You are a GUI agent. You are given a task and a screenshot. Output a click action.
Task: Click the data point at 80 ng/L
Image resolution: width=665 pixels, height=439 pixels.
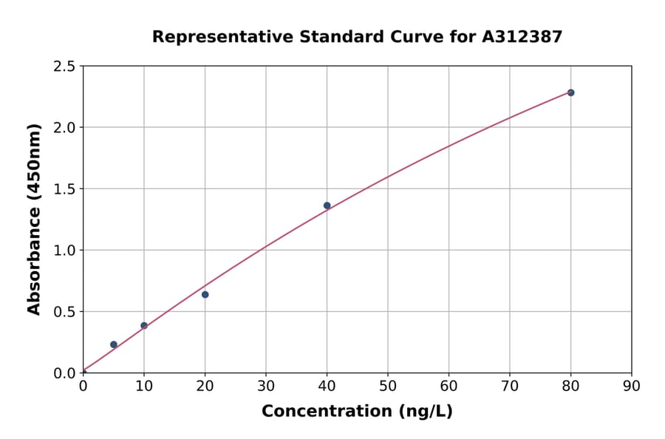tap(570, 92)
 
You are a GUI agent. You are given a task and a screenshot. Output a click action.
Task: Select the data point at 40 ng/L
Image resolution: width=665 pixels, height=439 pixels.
tap(327, 205)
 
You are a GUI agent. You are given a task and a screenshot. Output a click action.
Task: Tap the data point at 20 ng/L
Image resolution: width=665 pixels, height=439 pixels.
tap(205, 294)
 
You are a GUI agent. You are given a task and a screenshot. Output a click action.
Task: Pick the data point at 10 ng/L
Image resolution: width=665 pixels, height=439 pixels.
tap(144, 325)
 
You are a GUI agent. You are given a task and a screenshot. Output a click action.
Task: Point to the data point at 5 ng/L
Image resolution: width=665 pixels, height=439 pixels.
tap(114, 344)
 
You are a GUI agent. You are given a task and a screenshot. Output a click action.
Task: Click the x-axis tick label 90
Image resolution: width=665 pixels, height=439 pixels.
tap(632, 385)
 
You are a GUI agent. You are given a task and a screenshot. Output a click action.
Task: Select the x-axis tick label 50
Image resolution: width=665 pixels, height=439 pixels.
tap(388, 385)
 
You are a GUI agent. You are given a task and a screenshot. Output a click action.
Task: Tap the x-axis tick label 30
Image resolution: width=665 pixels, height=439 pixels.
tap(266, 385)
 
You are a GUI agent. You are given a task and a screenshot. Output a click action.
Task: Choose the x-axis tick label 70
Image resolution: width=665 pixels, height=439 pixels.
tap(510, 385)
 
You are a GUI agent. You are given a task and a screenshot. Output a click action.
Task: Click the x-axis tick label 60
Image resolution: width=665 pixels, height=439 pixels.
tap(449, 385)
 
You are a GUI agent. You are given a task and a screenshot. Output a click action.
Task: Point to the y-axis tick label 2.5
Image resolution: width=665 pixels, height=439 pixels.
tap(65, 67)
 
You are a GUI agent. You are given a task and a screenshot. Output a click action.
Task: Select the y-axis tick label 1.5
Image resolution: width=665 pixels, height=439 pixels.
tap(65, 189)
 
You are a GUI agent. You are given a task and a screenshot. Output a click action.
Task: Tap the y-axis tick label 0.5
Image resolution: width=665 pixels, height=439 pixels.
tap(65, 312)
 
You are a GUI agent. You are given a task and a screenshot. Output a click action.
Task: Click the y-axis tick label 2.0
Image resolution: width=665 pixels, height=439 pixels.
tap(65, 128)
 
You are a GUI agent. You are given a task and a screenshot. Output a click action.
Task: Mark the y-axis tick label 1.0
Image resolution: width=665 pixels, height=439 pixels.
tap(65, 251)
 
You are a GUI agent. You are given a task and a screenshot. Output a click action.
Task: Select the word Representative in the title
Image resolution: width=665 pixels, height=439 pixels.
tap(212, 36)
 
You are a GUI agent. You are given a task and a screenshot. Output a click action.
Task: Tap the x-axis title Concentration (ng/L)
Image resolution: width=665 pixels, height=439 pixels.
tap(357, 411)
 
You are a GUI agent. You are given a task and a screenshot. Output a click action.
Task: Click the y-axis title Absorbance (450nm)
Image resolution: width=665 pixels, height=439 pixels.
tap(34, 219)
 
